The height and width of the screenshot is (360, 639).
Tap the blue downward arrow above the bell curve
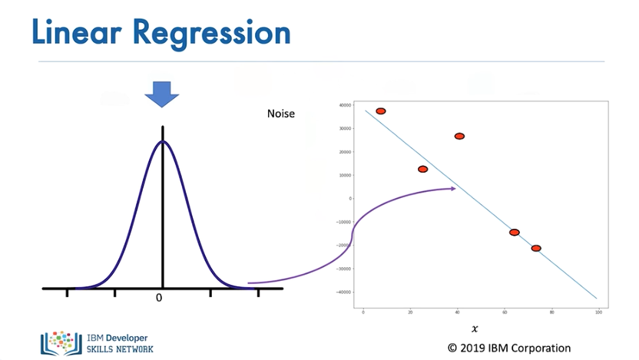pyautogui.click(x=162, y=94)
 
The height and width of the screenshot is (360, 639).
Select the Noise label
pyautogui.click(x=280, y=114)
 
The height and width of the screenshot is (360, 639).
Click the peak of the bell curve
pyautogui.click(x=162, y=141)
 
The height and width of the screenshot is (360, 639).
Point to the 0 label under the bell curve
pyautogui.click(x=159, y=298)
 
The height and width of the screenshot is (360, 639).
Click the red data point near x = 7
pyautogui.click(x=380, y=111)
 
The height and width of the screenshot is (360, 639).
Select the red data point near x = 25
pyautogui.click(x=422, y=169)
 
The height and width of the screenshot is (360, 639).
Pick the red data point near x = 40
pyautogui.click(x=459, y=136)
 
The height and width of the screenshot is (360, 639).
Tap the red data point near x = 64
pyautogui.click(x=514, y=232)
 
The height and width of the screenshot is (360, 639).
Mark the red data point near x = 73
pyautogui.click(x=536, y=248)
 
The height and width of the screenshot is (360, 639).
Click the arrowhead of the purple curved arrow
pyautogui.click(x=452, y=188)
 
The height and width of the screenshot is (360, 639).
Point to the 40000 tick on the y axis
pyautogui.click(x=345, y=105)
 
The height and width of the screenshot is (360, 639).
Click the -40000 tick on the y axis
pyautogui.click(x=344, y=292)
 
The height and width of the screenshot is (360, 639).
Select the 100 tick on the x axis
pyautogui.click(x=598, y=312)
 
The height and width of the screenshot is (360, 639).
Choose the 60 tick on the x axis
pyautogui.click(x=505, y=312)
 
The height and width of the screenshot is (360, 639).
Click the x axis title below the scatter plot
pyautogui.click(x=475, y=329)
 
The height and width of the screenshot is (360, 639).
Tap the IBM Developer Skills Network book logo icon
pyautogui.click(x=61, y=342)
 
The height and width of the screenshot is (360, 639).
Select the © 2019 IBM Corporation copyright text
pyautogui.click(x=508, y=348)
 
